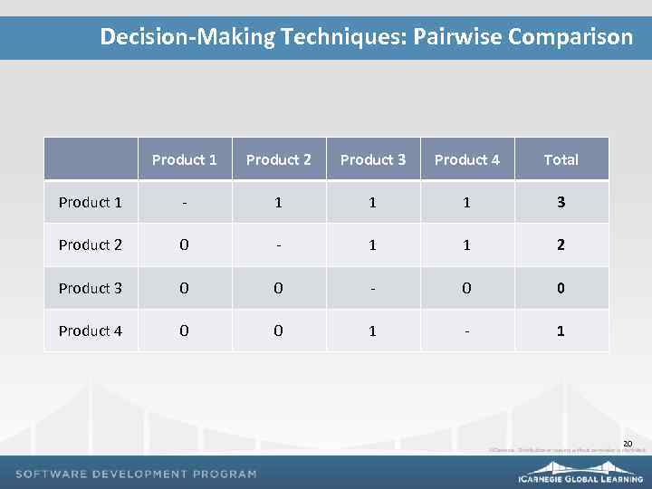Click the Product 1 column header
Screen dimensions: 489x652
click(185, 159)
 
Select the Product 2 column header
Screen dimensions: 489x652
click(279, 159)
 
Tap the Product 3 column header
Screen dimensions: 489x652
click(373, 159)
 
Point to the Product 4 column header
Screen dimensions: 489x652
click(467, 159)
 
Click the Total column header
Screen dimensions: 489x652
click(561, 159)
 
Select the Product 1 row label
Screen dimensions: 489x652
click(91, 202)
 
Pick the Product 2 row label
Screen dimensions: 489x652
click(91, 244)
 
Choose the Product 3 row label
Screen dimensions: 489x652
click(91, 288)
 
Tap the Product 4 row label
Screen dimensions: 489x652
click(91, 331)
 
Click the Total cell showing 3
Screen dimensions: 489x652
click(561, 202)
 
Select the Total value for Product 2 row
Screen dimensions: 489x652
click(561, 244)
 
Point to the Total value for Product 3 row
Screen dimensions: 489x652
click(561, 288)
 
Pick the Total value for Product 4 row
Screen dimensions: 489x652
click(561, 331)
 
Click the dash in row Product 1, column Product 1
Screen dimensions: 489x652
click(185, 202)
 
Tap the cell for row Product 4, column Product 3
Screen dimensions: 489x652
click(373, 331)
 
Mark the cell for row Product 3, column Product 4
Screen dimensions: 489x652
click(467, 288)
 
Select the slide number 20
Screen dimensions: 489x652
click(627, 443)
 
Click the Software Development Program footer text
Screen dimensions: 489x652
click(137, 474)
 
